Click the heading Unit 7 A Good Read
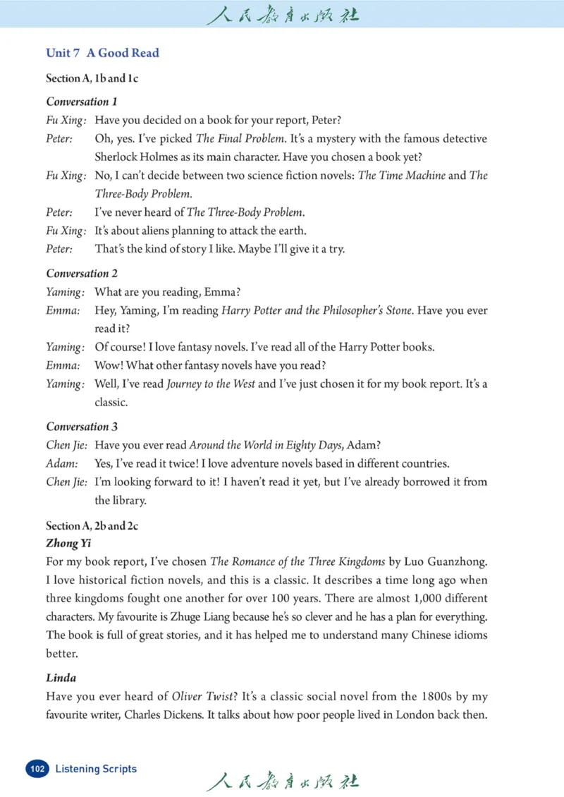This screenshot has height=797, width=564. [102, 53]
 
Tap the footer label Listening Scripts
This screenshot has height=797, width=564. [96, 768]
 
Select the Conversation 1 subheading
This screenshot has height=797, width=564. [82, 102]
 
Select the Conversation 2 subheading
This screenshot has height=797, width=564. [82, 274]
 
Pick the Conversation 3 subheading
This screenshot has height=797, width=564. [82, 427]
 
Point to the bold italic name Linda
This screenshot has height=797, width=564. [61, 679]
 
